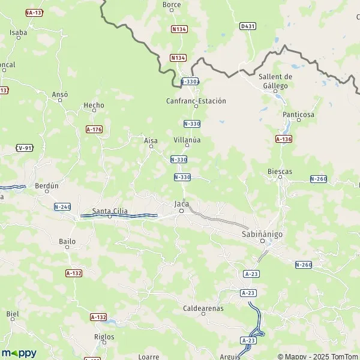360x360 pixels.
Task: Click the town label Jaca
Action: pos(181,204)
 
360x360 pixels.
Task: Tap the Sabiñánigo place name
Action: pos(262,233)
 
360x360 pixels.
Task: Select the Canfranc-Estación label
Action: pos(196,101)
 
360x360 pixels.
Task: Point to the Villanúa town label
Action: pos(187,140)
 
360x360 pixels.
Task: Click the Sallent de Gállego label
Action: pos(275,81)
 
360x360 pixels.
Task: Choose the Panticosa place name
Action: pos(298,114)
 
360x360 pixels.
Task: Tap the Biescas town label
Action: pos(280,171)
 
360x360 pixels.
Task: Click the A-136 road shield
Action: pos(284,139)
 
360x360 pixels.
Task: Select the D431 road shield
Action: pos(247,26)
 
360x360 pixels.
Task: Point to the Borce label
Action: pos(172,4)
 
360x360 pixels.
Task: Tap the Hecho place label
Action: pos(94,105)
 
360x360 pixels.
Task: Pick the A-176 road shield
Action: pos(94,129)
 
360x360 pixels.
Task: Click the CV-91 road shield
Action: pos(24,148)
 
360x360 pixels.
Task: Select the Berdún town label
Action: pos(47,186)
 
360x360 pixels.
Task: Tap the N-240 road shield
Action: pos(62,207)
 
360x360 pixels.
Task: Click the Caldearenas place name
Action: pos(203,308)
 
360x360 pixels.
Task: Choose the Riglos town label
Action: pos(104,337)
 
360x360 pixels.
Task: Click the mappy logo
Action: pos(19,353)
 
